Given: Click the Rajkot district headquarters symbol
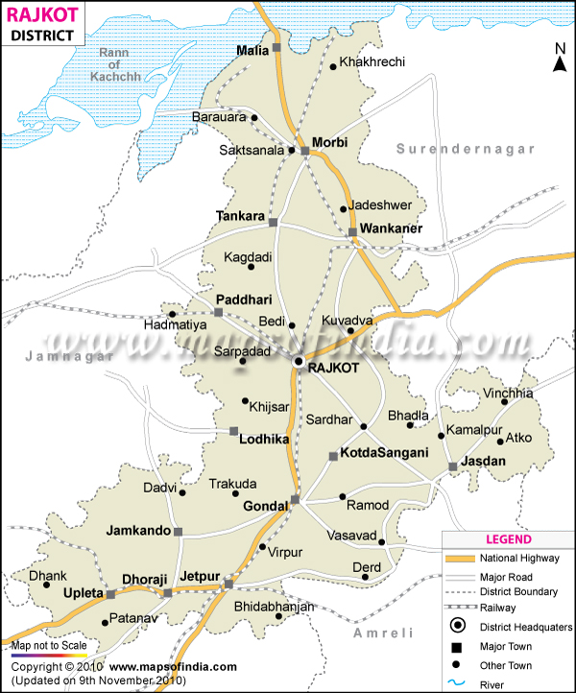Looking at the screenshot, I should pos(299,362).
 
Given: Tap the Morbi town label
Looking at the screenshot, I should pos(330,143).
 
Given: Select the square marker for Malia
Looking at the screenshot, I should pos(276,47).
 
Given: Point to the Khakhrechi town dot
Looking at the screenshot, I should pos(332,66).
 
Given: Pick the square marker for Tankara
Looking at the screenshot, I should pos(273,223).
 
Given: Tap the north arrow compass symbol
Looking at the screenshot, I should pos(558,59).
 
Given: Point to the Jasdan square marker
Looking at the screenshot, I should pos(453,467).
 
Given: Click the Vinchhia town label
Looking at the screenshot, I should pos(509,393).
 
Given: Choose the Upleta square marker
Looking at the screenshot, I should pos(110,594).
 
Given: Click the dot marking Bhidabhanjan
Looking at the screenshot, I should pos(279,617).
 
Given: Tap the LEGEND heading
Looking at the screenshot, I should pos(508,539).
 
